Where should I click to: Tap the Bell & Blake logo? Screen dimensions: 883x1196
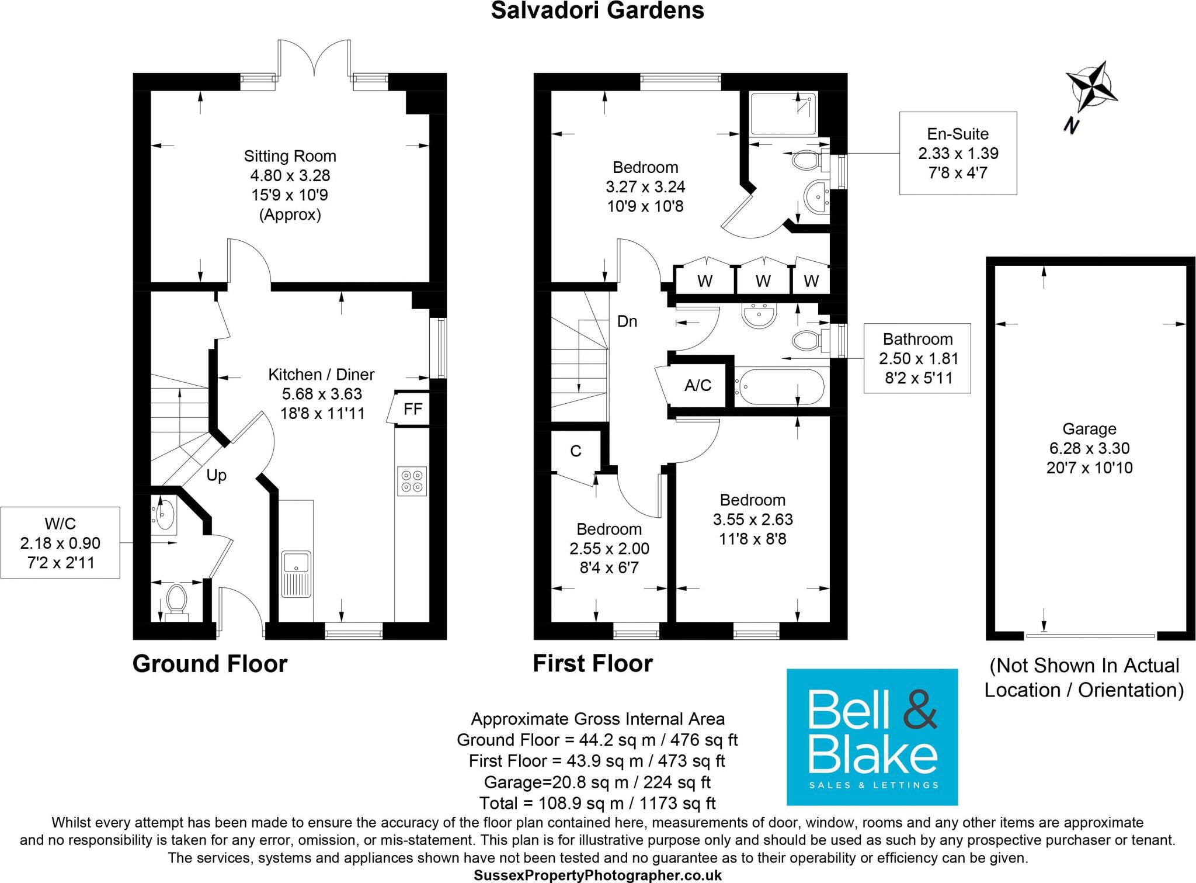pos(872,737)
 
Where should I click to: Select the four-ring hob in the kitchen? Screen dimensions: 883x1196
pos(412,480)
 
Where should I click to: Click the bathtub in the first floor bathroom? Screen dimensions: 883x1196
pos(779,387)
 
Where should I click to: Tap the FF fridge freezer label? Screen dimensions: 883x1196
pos(413,409)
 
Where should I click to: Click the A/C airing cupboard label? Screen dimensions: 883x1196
pos(698,386)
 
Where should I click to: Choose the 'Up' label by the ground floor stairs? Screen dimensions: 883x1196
pos(216,475)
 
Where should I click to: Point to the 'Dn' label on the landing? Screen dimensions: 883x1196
pos(627,321)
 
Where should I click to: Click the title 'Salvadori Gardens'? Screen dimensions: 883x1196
pos(597,11)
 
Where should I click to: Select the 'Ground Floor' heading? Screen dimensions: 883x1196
pos(210,664)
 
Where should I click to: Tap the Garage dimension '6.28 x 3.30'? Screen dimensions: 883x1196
pos(1089,448)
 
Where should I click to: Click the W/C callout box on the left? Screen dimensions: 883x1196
pos(60,543)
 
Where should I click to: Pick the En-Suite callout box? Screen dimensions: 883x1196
pos(958,153)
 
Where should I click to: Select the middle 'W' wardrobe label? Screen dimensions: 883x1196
pos(763,281)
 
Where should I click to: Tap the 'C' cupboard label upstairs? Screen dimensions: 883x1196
pos(576,451)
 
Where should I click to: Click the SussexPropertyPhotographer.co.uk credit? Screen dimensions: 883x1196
pos(597,875)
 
